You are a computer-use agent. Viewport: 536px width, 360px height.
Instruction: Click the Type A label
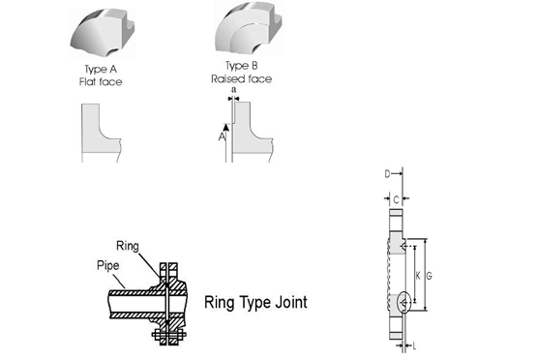101,70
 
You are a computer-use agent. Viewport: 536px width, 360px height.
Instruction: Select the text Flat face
101,82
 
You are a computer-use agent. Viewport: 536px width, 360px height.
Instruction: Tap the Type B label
241,66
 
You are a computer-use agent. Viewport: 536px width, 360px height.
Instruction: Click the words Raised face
241,79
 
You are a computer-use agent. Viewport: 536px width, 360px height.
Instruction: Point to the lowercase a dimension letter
234,90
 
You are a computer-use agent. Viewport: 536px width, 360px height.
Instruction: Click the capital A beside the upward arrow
222,136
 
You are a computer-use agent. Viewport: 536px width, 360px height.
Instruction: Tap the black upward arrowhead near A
226,127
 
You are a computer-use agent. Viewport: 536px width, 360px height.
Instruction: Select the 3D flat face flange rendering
103,33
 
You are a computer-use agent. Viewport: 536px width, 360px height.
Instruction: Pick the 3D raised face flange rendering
249,28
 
